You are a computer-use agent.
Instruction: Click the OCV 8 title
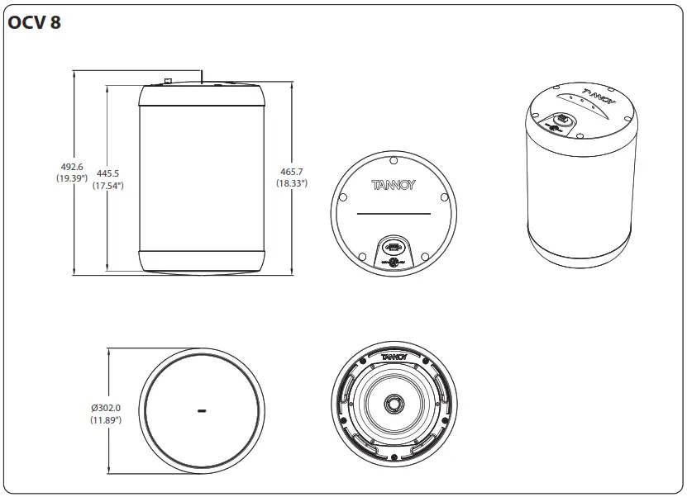pyautogui.click(x=34, y=23)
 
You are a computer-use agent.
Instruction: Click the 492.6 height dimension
pyautogui.click(x=71, y=167)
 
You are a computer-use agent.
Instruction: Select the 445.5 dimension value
pyautogui.click(x=108, y=173)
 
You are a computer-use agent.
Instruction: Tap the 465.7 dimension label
pyautogui.click(x=292, y=172)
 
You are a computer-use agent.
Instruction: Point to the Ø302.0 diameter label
pyautogui.click(x=107, y=408)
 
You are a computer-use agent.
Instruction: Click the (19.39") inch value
pyautogui.click(x=71, y=178)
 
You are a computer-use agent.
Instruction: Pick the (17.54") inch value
pyautogui.click(x=108, y=186)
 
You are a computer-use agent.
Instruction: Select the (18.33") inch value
pyautogui.click(x=292, y=183)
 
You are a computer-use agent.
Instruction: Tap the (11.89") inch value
pyautogui.click(x=107, y=420)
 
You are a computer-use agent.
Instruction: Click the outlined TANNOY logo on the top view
pyautogui.click(x=394, y=184)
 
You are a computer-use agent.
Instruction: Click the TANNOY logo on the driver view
pyautogui.click(x=394, y=356)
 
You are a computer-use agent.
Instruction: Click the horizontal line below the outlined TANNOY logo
pyautogui.click(x=394, y=214)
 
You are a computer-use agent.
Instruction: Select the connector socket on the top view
pyautogui.click(x=394, y=248)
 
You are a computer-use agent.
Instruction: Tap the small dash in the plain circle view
pyautogui.click(x=202, y=409)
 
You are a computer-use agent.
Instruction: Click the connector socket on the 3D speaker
pyautogui.click(x=561, y=121)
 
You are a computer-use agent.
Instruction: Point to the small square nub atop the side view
pyautogui.click(x=167, y=81)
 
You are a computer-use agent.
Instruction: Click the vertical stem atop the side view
pyautogui.click(x=202, y=78)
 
